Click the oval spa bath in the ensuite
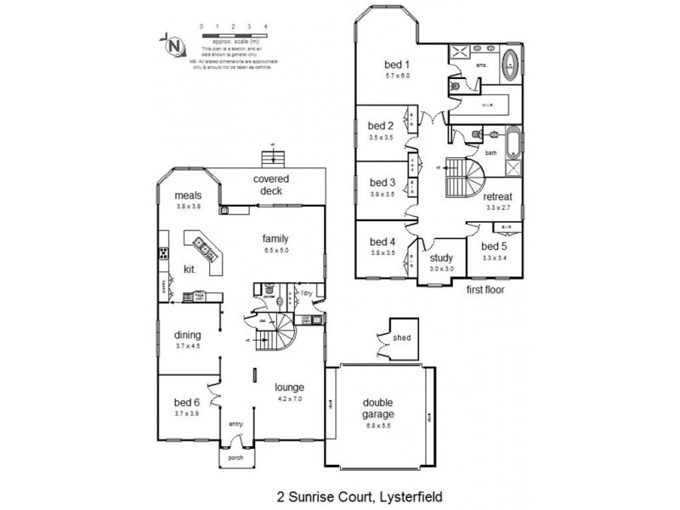512,63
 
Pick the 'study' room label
440,258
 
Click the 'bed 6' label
186,403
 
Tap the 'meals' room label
188,195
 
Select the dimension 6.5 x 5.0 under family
276,252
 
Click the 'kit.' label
190,269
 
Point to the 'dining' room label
186,335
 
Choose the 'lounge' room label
289,387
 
